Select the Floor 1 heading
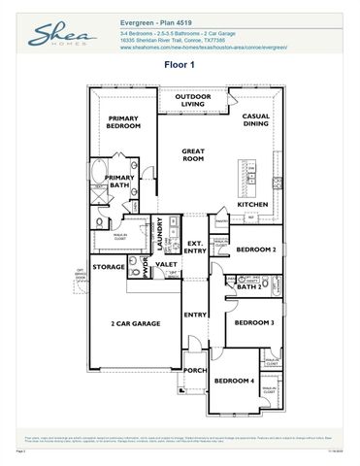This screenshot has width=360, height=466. click(x=180, y=65)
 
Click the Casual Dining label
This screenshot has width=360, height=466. click(x=256, y=120)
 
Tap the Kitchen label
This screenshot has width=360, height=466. click(x=253, y=205)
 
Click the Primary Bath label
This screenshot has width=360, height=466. click(x=120, y=183)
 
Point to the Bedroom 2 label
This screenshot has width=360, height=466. click(x=257, y=249)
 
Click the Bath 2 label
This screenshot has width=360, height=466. click(x=250, y=286)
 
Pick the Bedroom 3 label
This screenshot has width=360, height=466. click(x=254, y=322)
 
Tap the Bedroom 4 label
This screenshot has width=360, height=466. click(x=234, y=381)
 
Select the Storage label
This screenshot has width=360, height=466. click(x=109, y=266)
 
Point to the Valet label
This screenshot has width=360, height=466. click(x=166, y=264)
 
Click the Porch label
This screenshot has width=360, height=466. click(x=195, y=370)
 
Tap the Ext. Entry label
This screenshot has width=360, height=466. click(x=195, y=247)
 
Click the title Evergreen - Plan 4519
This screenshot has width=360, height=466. click(x=160, y=17)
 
